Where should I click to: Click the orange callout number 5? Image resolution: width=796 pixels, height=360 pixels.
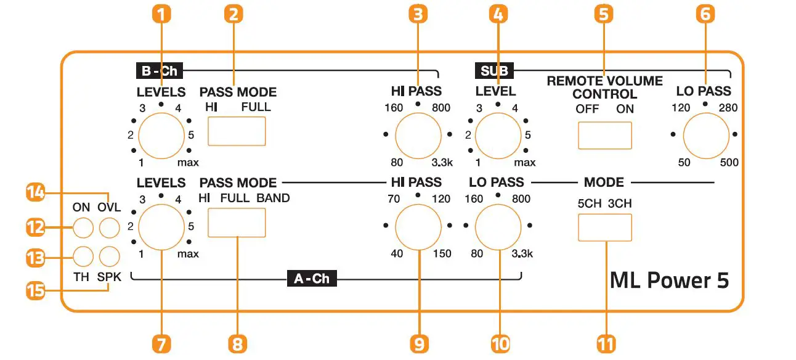click(605, 14)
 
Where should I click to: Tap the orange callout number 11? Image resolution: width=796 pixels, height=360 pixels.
click(605, 343)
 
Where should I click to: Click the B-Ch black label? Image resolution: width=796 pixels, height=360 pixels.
click(160, 71)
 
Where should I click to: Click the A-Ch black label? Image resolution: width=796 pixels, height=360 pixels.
click(312, 278)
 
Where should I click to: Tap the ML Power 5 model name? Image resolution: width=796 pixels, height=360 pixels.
click(669, 280)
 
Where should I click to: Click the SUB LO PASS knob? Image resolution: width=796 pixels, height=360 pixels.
click(704, 135)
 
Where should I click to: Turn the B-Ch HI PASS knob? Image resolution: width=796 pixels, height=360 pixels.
click(418, 135)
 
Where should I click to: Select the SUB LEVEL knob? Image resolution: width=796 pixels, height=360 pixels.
click(498, 135)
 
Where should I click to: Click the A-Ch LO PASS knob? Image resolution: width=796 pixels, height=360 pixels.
click(498, 226)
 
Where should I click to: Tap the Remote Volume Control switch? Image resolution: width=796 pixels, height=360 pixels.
click(605, 136)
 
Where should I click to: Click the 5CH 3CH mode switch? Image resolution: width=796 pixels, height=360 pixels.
click(605, 227)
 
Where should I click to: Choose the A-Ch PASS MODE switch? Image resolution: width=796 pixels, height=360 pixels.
click(237, 223)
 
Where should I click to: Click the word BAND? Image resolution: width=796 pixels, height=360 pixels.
click(273, 199)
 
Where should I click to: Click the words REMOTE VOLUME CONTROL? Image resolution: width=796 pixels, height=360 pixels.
click(604, 88)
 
